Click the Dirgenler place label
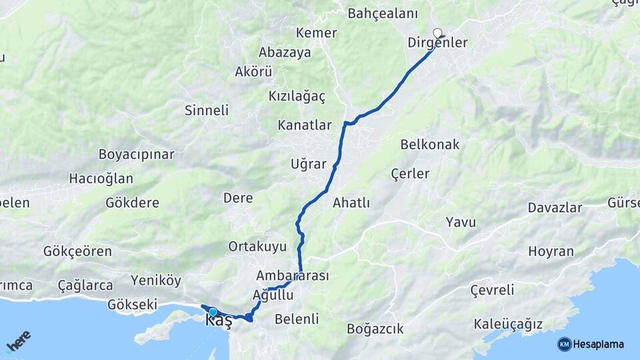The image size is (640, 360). click(x=437, y=43)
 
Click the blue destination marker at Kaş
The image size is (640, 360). click(x=213, y=311)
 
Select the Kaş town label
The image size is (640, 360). click(x=219, y=321)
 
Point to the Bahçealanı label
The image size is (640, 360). click(x=382, y=13)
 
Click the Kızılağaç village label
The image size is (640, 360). click(x=297, y=97)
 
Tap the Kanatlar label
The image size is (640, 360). click(x=305, y=125)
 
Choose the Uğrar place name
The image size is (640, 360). click(x=309, y=164)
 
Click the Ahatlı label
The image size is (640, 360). click(x=351, y=203)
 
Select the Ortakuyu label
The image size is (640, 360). click(x=257, y=247)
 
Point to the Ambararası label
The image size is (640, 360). click(x=293, y=275)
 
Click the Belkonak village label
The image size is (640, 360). click(x=430, y=145)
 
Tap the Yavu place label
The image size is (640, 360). click(x=461, y=222)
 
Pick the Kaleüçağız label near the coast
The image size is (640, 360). click(x=508, y=325)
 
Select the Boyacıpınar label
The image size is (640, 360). click(x=136, y=155)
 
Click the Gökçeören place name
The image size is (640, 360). click(x=77, y=251)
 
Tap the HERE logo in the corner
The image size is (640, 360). click(x=18, y=341)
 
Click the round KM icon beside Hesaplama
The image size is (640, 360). click(x=564, y=344)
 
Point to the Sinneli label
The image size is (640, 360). click(x=207, y=111)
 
